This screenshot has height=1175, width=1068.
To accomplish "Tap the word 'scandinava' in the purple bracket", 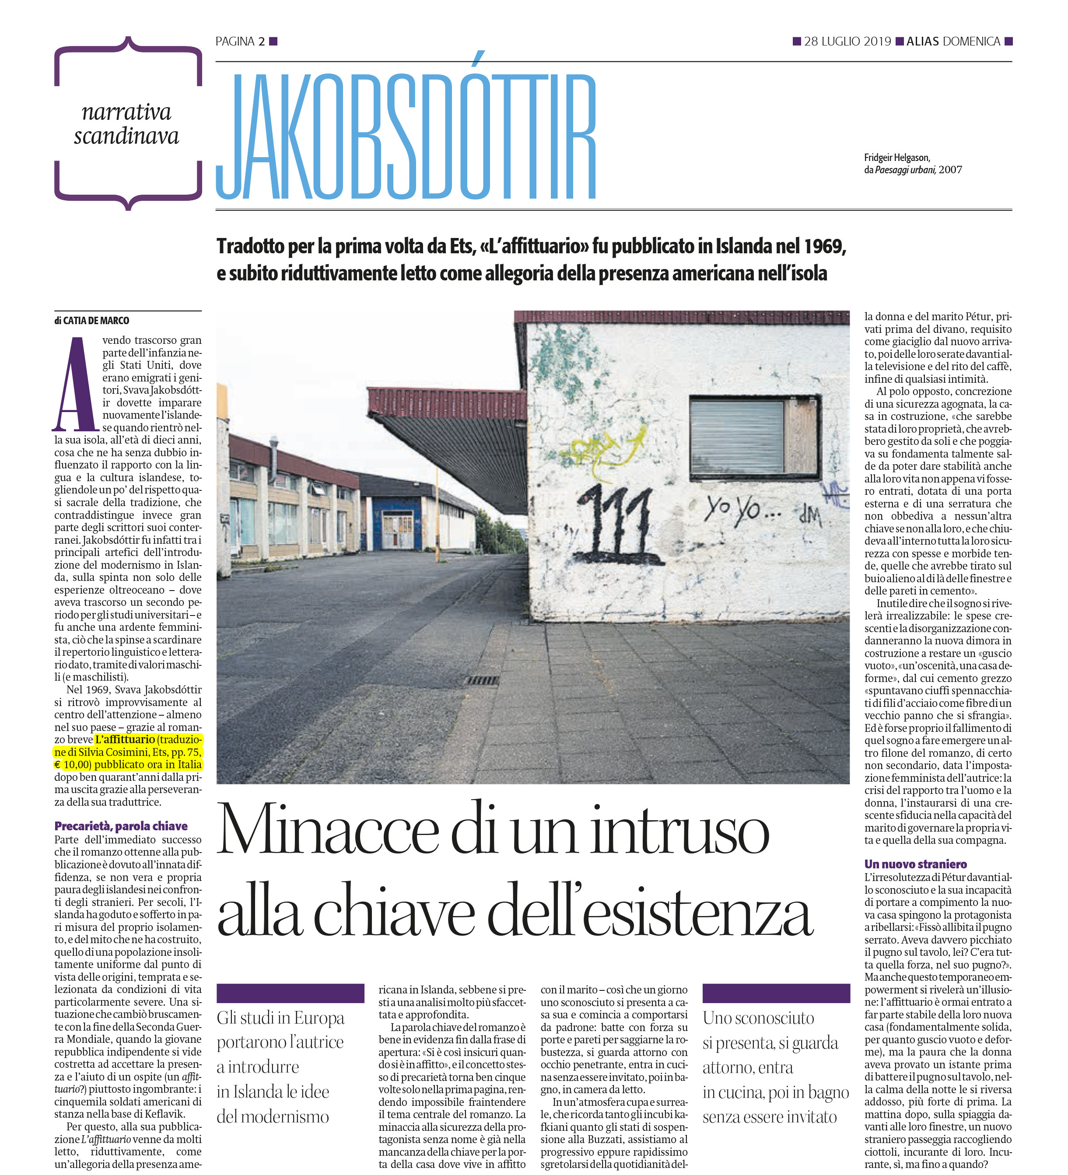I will (x=126, y=136).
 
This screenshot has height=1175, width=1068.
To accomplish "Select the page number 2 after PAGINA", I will (x=262, y=42).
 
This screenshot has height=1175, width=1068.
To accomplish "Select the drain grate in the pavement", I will (x=482, y=681).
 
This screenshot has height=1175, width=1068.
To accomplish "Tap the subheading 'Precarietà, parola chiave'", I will (x=121, y=826).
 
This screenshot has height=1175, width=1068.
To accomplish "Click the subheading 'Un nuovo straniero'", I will (x=915, y=864).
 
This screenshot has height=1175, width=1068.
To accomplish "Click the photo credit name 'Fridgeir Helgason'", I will (x=896, y=157).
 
